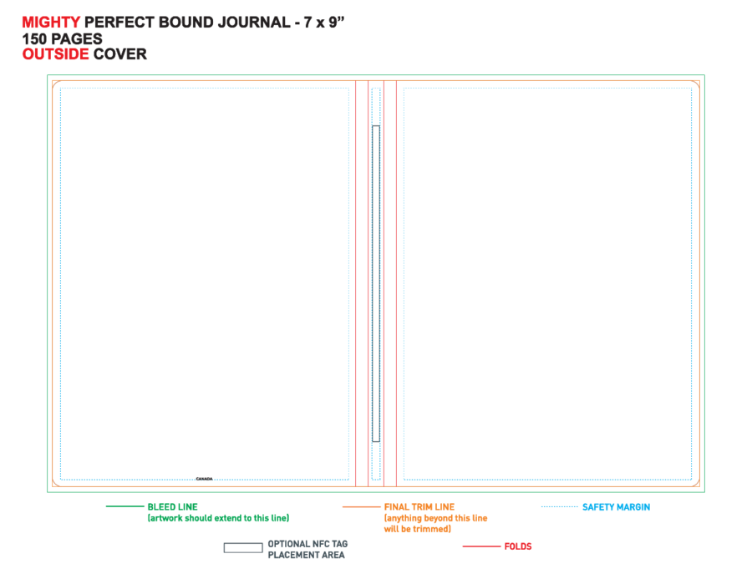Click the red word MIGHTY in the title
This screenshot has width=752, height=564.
coord(51,23)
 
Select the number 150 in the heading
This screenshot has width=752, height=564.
coord(34,38)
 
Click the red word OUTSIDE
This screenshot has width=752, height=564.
coord(56,54)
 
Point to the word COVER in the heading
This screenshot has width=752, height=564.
coord(120,54)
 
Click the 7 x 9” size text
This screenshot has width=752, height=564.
coord(324,23)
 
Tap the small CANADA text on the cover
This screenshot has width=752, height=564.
coord(205,479)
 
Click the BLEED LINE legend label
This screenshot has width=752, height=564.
coord(173,507)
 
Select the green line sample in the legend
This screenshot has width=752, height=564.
coord(124,506)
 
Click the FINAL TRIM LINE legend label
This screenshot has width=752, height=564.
coord(419,507)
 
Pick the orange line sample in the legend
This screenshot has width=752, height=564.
coord(361,506)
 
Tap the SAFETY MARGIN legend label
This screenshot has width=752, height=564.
coord(617,507)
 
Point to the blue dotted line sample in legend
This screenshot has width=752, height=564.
coord(560,506)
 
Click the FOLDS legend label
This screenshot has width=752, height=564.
coord(518,546)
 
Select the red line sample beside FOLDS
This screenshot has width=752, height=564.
coord(481,546)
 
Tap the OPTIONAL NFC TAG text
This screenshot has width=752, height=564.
coord(307,544)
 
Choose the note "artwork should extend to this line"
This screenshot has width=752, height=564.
coord(219,518)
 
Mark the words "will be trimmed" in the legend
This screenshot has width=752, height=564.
coord(416,529)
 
